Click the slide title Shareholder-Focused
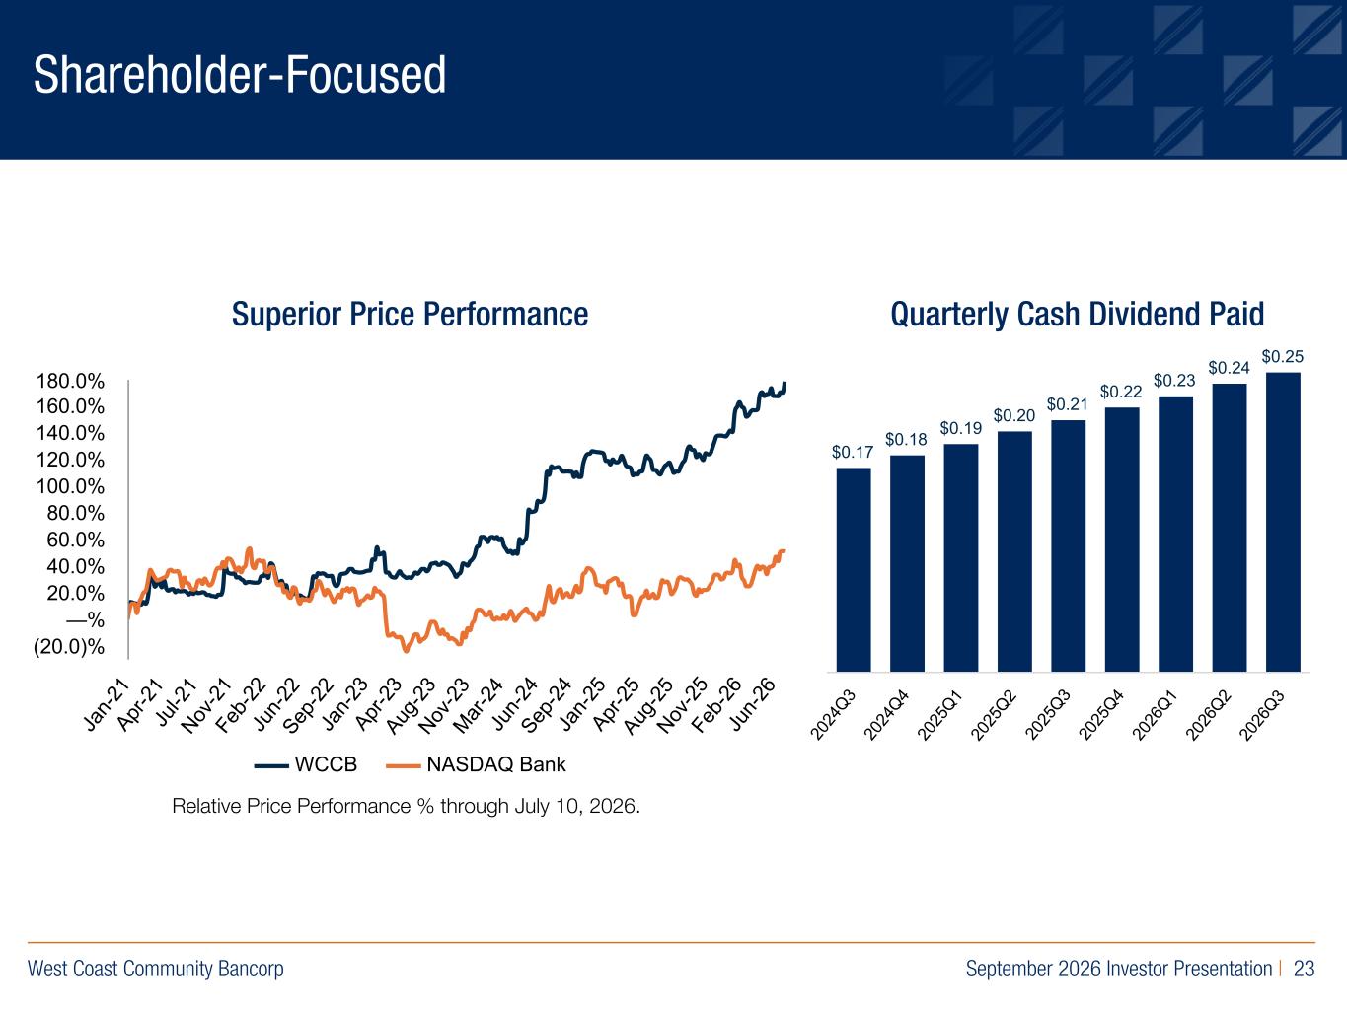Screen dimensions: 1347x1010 (240, 75)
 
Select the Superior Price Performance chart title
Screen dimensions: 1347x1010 (410, 315)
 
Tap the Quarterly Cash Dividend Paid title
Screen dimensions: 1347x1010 (1077, 315)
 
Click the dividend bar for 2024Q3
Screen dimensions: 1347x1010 (853, 570)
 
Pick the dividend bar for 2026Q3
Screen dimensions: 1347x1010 (1283, 522)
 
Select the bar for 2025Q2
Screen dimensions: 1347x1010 (1014, 552)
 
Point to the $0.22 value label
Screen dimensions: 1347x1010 (1121, 392)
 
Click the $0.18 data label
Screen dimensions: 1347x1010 (906, 440)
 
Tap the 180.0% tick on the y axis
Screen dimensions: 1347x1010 (70, 382)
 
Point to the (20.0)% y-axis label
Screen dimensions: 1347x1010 (69, 647)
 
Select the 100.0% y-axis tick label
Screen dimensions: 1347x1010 (70, 487)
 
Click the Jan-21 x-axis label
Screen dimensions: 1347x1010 (107, 705)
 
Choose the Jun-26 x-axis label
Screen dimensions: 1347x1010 (752, 705)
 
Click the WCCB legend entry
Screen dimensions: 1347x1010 (306, 764)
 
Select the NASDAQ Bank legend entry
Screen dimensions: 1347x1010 (477, 764)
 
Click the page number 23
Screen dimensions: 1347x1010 (1304, 969)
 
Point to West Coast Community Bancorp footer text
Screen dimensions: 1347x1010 (156, 969)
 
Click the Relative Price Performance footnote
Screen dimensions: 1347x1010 (407, 806)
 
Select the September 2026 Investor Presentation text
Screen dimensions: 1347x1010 (1119, 969)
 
